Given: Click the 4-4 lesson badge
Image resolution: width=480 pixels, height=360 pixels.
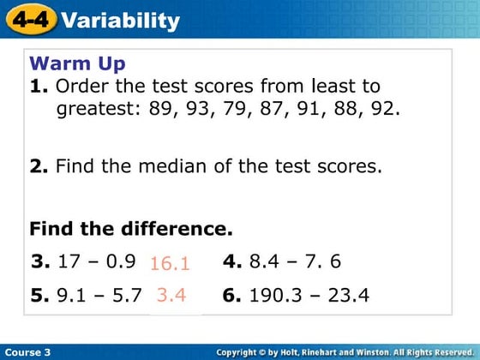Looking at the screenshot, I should (30, 20).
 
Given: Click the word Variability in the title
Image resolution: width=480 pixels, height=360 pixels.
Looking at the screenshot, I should (121, 20).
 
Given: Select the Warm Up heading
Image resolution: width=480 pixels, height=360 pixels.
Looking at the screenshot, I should (77, 64).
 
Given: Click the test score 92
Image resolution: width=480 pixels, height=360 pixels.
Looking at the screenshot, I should (387, 110).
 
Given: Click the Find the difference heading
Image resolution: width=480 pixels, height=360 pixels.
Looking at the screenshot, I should (130, 229).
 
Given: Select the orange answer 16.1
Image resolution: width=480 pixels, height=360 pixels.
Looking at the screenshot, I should (169, 263).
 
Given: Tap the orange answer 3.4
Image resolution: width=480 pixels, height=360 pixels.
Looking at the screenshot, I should (171, 296).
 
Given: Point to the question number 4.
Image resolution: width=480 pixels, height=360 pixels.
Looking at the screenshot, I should (231, 261).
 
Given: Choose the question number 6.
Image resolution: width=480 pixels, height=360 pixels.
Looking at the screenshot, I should (231, 296).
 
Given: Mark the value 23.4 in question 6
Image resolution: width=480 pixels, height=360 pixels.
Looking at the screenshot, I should (347, 296).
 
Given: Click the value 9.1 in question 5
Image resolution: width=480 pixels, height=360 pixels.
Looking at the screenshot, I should (70, 296).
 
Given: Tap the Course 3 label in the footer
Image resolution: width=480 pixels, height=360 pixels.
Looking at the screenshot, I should (27, 352).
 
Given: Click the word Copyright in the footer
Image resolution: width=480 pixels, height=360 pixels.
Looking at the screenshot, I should (241, 352).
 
